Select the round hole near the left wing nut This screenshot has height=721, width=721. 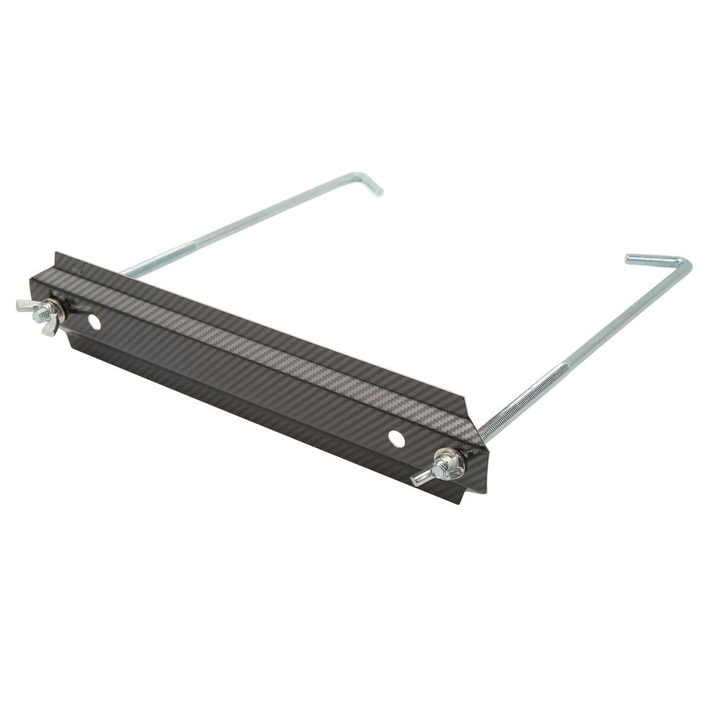tap(93, 322)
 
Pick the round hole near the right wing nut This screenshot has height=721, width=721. tap(396, 438)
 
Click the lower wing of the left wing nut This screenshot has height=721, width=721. tap(46, 327)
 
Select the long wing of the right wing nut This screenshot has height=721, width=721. tap(422, 478)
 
